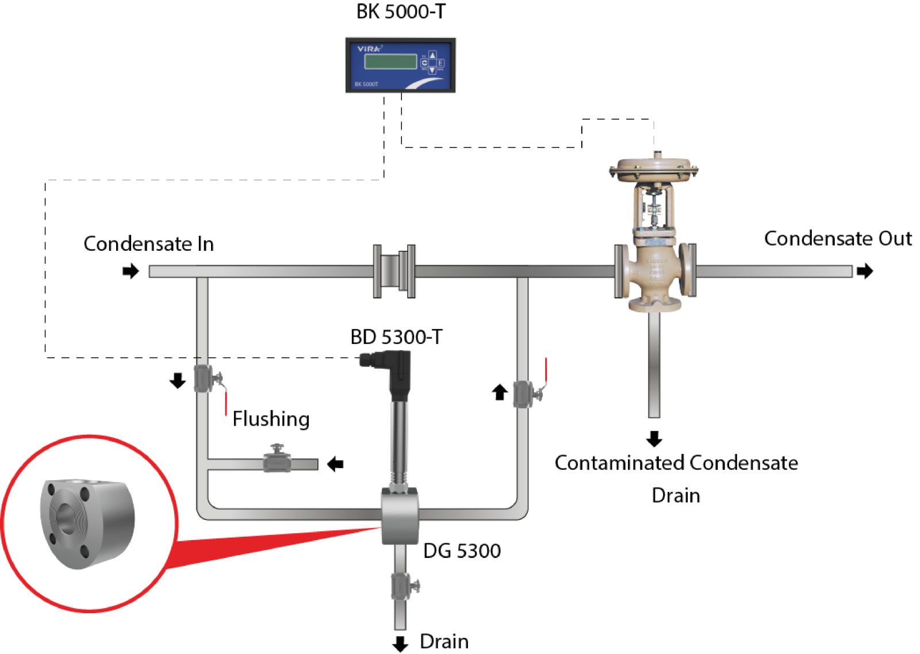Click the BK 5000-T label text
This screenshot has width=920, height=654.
click(x=401, y=12)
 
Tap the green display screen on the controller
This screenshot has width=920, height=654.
click(x=390, y=62)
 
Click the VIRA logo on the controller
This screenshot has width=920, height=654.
click(x=369, y=49)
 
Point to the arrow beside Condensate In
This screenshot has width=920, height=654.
click(x=131, y=271)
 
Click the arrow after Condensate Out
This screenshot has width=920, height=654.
click(x=865, y=271)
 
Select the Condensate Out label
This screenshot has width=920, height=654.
click(x=837, y=239)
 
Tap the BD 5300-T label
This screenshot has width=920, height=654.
click(x=397, y=337)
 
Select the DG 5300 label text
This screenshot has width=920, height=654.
click(x=462, y=551)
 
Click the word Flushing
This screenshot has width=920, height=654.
click(x=271, y=419)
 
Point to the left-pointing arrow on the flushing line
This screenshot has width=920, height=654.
click(x=335, y=464)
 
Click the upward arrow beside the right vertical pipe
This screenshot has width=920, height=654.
click(x=500, y=392)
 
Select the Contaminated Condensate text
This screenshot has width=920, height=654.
click(x=676, y=463)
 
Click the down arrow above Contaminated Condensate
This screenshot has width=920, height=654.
click(x=654, y=439)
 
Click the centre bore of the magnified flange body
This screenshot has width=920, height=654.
click(x=67, y=511)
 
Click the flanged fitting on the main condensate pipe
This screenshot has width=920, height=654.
click(x=394, y=271)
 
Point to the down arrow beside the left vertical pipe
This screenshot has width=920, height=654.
click(x=178, y=380)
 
